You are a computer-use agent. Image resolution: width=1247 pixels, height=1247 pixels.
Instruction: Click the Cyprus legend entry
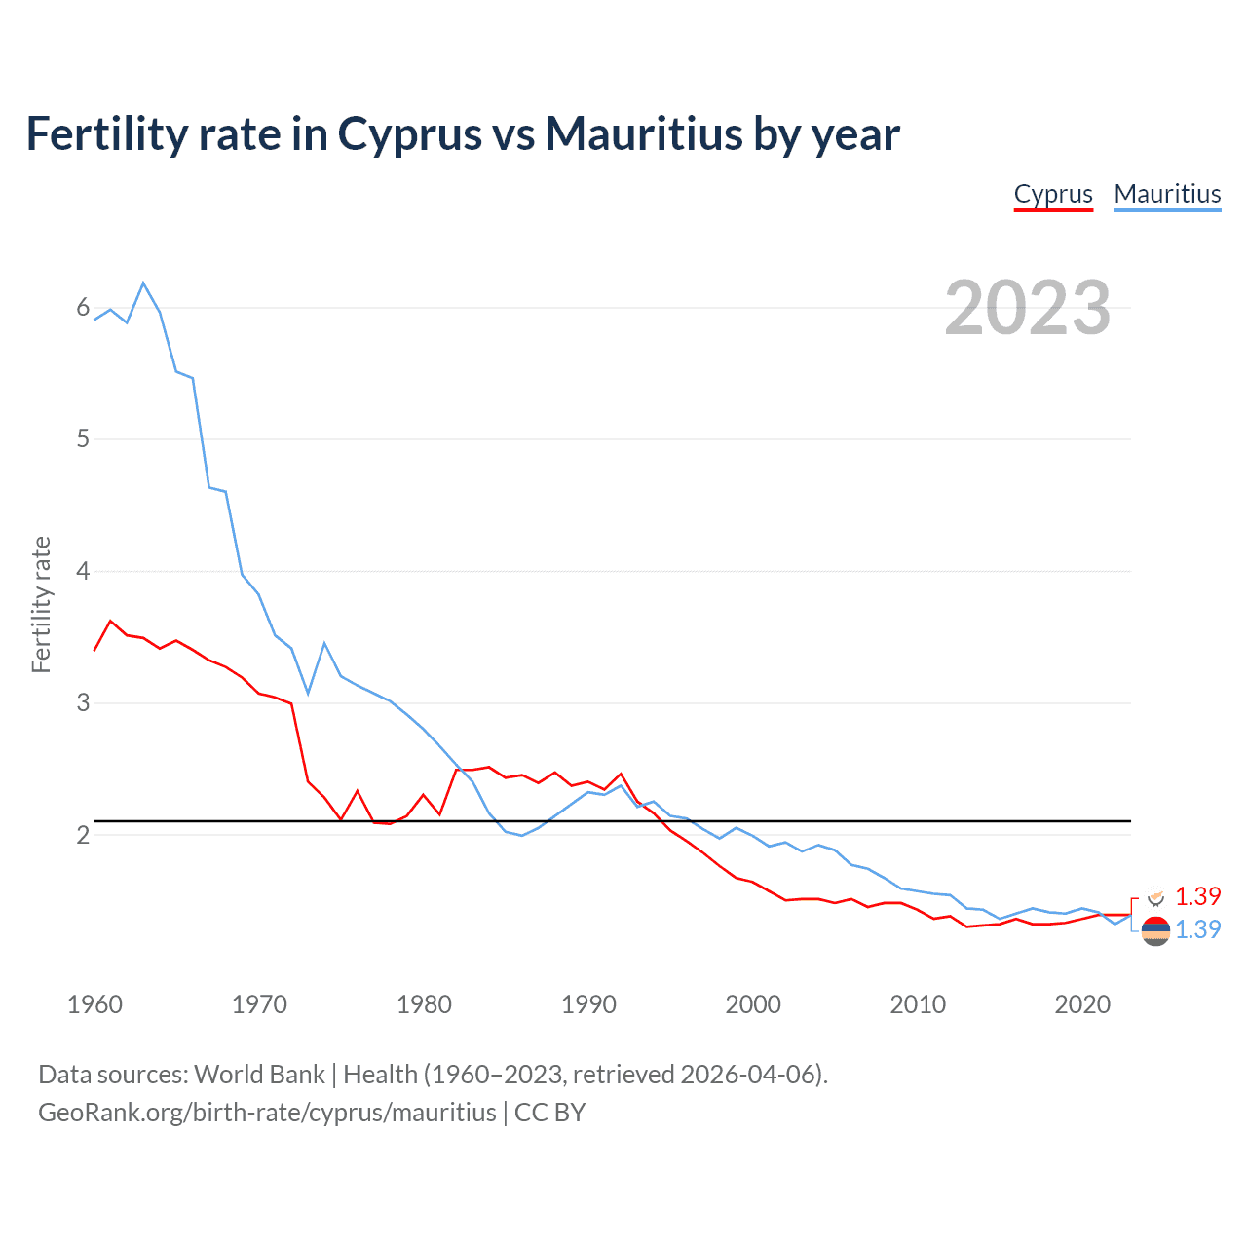[x=1053, y=194]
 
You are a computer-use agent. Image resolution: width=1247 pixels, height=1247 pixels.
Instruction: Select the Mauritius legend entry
[x=1167, y=194]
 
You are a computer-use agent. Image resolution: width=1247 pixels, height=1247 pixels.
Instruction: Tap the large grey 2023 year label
[x=1027, y=308]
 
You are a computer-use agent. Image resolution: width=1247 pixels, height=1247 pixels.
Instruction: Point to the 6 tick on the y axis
[x=83, y=308]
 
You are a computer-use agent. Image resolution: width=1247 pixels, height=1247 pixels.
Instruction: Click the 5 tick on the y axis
[x=83, y=439]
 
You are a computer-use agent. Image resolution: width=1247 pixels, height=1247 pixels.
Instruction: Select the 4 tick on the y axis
[x=83, y=571]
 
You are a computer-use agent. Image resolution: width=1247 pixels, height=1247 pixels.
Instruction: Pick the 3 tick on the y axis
[x=83, y=702]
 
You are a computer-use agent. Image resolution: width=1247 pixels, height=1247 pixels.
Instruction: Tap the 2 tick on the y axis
[x=83, y=835]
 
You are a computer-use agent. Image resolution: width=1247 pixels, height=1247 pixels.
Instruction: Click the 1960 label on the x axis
[x=94, y=1004]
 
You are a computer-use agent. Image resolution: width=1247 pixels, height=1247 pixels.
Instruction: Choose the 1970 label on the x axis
[x=259, y=1004]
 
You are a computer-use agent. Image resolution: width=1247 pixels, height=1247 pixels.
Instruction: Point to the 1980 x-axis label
[x=424, y=1004]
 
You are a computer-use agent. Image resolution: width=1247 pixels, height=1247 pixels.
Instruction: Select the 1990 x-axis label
[x=588, y=1004]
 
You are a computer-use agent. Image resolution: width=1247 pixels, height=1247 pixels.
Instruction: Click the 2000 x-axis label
[x=753, y=1004]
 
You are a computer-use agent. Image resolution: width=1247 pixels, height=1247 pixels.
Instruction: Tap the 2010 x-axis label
[x=918, y=1004]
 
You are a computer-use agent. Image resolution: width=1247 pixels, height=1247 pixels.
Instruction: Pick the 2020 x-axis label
[x=1082, y=1004]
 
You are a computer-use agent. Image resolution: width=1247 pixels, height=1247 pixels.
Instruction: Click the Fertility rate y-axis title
[x=41, y=604]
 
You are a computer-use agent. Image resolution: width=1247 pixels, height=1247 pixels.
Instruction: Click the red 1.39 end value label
[x=1197, y=896]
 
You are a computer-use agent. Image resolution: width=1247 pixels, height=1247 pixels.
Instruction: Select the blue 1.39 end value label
[x=1197, y=929]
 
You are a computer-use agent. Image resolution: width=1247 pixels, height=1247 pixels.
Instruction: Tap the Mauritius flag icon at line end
[x=1155, y=931]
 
